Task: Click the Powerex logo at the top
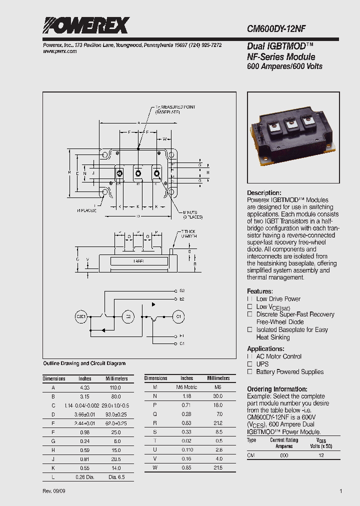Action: coord(85,25)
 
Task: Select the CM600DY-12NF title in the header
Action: coord(284,29)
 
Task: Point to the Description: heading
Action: coord(264,193)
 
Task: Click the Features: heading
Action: coord(260,291)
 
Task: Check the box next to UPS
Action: coord(249,364)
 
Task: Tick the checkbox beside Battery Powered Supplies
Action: coord(249,372)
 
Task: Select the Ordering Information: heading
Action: coord(277,389)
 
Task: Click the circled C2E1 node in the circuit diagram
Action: coord(81,316)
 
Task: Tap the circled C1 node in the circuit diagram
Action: coord(179,316)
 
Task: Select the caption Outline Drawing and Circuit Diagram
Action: coord(84,363)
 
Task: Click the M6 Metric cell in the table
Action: coord(186,387)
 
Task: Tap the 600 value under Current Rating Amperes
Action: coord(284,455)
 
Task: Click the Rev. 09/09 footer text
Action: coord(53,491)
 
